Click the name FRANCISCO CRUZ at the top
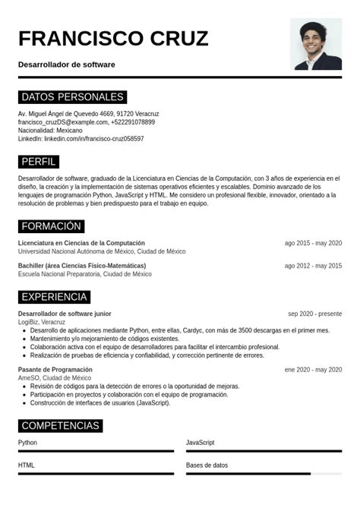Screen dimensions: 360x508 coord(113,39)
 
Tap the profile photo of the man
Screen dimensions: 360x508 coord(316,44)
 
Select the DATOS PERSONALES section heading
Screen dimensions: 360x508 coord(72,97)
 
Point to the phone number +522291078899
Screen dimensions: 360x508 coord(133,122)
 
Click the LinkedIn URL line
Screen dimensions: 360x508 coord(81,139)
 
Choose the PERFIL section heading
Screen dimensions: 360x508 coord(38,162)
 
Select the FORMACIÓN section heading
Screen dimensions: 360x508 coord(51,226)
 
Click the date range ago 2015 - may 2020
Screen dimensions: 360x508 coord(313,243)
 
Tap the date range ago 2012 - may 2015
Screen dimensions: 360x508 coord(313,266)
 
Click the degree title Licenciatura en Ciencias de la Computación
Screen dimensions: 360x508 coord(81,243)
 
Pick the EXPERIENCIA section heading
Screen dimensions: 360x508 coord(55,297)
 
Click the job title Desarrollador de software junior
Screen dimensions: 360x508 coord(65,314)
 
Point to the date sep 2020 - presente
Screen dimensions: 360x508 coord(314,314)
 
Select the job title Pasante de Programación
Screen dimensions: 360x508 coord(55,369)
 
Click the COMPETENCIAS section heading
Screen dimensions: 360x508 coord(60,426)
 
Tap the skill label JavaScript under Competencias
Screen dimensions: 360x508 coord(201,443)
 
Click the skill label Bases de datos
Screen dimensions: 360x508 coord(207,465)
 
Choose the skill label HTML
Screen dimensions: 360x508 coord(27,465)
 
